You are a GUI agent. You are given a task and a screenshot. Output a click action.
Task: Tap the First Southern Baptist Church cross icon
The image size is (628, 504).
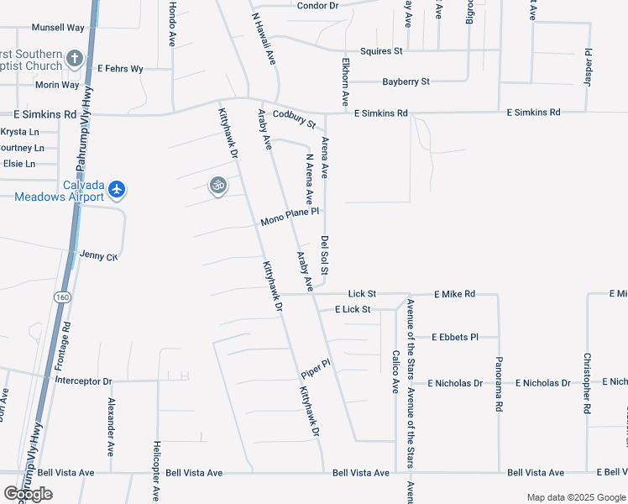click(x=75, y=58)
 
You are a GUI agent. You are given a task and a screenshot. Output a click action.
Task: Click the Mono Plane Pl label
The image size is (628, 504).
click(x=290, y=217)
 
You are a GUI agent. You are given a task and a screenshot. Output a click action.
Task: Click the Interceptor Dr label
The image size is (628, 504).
click(x=83, y=381)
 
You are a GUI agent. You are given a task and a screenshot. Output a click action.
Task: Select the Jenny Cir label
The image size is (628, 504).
click(x=98, y=255)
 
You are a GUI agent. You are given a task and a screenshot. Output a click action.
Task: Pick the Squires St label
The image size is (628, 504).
click(x=381, y=51)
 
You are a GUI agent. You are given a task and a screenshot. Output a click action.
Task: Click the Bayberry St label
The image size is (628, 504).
click(x=406, y=81)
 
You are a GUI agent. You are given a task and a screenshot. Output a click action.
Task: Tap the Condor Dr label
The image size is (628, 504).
click(x=317, y=6)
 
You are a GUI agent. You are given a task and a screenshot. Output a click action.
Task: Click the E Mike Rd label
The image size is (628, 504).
click(x=454, y=294)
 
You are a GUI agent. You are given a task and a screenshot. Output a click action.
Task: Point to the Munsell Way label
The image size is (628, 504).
click(x=58, y=28)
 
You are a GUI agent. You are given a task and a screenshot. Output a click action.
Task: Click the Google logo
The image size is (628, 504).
click(x=28, y=494)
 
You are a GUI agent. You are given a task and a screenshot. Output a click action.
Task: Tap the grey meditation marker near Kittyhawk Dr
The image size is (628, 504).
click(x=218, y=184)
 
